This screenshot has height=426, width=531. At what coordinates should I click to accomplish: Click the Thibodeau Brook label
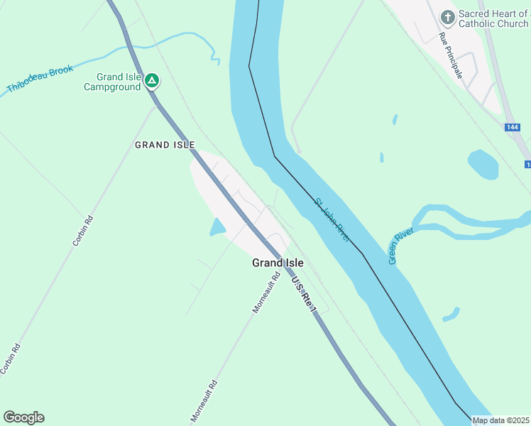click(40, 79)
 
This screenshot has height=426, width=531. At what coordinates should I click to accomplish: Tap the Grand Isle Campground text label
click(112, 82)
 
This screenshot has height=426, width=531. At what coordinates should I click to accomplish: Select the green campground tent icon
click(151, 80)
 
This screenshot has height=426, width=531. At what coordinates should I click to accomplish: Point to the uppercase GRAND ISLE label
click(165, 145)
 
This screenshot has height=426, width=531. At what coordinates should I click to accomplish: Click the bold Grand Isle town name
click(278, 263)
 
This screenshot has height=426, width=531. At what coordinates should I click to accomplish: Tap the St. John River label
click(332, 221)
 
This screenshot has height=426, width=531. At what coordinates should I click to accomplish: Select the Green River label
click(400, 245)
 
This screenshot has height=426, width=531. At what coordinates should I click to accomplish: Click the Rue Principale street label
click(451, 55)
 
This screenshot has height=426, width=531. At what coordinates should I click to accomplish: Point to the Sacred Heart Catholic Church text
click(493, 18)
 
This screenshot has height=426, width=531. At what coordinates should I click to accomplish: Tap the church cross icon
click(447, 16)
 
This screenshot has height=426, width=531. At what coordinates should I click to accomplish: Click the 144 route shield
click(512, 127)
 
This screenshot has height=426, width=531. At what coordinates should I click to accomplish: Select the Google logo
click(23, 417)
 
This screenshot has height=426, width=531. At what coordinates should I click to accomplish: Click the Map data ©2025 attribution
click(501, 420)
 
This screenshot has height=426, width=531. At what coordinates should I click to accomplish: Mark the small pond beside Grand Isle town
click(217, 227)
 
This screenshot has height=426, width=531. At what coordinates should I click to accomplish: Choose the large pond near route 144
click(483, 165)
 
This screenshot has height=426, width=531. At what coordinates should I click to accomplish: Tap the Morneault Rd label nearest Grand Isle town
click(263, 295)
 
